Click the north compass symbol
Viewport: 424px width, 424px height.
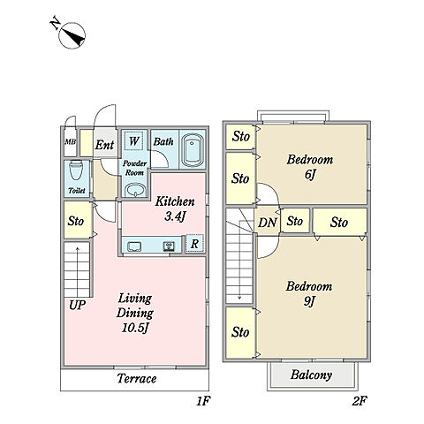point(72,35)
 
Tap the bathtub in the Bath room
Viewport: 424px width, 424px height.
point(193,150)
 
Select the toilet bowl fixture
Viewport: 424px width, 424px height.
point(76,170)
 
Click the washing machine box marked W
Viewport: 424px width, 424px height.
point(134,140)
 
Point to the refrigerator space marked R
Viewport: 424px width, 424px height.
point(194,244)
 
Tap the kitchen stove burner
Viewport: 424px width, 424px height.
point(169,246)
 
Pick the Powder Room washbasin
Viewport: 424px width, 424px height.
point(135,189)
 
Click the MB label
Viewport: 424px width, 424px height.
point(71,142)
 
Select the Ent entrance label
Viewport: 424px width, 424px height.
point(104,145)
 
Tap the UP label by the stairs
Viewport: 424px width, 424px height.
point(77,306)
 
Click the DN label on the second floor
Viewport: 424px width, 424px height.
point(268,223)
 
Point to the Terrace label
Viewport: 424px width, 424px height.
point(137,379)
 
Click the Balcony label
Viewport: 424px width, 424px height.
point(311,375)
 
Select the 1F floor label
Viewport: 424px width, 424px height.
point(203,401)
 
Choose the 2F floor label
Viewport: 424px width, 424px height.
point(360,401)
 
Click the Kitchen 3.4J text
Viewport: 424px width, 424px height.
point(175,209)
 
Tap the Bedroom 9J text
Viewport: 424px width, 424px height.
point(309,293)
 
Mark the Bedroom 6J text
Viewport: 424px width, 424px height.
point(310,167)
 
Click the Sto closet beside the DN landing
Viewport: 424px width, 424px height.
point(295,221)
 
